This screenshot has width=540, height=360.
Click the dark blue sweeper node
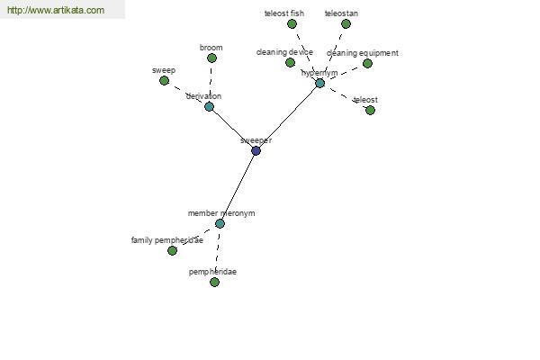point(256,150)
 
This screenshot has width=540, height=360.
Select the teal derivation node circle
point(209,106)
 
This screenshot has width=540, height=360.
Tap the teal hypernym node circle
point(319,83)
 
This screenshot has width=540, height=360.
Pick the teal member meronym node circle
point(220,223)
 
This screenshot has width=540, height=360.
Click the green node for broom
point(211,58)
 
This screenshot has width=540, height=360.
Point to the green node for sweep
point(165,81)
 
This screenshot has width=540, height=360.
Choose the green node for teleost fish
point(292,23)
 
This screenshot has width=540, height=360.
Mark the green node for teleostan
point(346,23)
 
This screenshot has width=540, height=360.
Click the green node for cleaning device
point(290,62)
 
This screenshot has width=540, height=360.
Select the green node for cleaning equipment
point(367,63)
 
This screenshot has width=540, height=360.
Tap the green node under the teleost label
point(370,110)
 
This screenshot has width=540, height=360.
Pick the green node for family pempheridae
point(172,250)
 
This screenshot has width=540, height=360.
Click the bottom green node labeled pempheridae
point(214,282)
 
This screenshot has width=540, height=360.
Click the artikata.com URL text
point(56,10)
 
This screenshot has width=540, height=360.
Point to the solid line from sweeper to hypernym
point(288,117)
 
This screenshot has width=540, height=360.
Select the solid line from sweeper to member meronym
point(238,187)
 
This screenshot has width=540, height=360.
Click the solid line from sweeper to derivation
point(232,129)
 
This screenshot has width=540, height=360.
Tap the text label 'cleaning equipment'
point(363,53)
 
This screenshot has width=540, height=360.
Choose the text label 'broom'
point(211,48)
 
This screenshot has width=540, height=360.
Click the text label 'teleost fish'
point(284,13)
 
